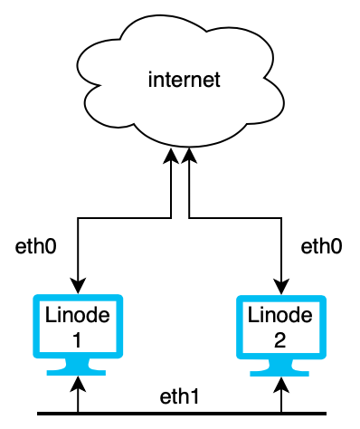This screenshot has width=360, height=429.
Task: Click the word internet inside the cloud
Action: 184,81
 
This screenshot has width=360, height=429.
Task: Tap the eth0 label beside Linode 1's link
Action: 37,246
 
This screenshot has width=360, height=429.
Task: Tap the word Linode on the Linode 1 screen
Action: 78,317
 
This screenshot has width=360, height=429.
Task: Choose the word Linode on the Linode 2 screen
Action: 282,317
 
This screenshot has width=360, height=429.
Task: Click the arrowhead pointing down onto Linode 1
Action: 79,287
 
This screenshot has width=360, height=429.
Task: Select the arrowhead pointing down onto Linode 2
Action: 282,287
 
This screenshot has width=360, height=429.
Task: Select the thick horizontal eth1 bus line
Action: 181,414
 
